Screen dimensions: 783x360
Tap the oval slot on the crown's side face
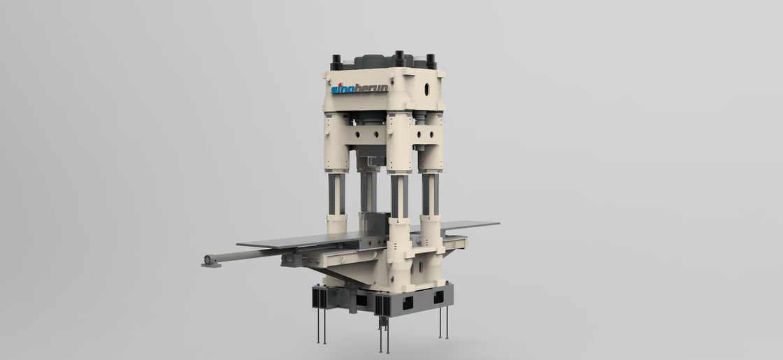point(426,89)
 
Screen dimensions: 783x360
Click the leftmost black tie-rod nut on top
point(336,62)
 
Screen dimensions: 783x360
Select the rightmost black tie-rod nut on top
point(431,62)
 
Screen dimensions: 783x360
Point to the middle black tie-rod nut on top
point(399,58)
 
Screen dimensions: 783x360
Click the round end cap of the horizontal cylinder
point(208,259)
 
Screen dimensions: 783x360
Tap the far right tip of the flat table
point(499,223)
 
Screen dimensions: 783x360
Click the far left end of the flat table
point(238,245)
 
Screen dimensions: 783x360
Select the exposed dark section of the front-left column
point(336,194)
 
